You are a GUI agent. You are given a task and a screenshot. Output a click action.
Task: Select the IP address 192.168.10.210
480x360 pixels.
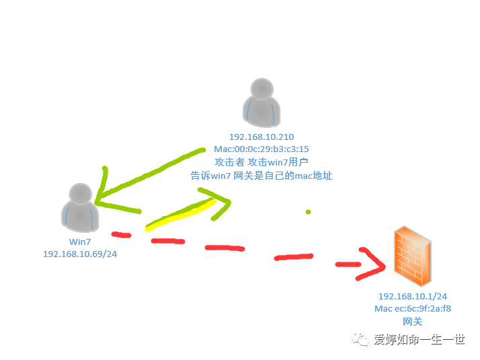pyautogui.click(x=262, y=137)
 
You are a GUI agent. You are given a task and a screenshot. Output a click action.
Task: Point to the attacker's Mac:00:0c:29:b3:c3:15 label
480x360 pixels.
pyautogui.click(x=262, y=149)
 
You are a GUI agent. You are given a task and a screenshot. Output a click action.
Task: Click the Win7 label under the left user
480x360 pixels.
pyautogui.click(x=80, y=242)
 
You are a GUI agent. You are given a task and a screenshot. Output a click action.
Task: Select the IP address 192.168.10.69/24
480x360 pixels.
pyautogui.click(x=80, y=254)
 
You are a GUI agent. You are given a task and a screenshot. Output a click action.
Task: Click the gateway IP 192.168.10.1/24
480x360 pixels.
pyautogui.click(x=413, y=297)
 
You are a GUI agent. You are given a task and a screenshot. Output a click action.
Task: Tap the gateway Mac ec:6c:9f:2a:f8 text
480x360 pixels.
pyautogui.click(x=413, y=309)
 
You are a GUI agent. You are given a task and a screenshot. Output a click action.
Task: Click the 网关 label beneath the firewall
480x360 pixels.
pyautogui.click(x=413, y=322)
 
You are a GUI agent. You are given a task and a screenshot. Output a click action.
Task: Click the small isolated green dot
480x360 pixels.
pyautogui.click(x=309, y=212)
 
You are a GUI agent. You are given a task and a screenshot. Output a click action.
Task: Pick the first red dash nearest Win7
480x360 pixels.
pyautogui.click(x=121, y=235)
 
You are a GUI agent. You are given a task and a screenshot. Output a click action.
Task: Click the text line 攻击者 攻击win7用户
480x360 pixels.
pyautogui.click(x=262, y=162)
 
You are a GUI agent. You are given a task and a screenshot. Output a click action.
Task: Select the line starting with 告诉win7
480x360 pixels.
pyautogui.click(x=262, y=175)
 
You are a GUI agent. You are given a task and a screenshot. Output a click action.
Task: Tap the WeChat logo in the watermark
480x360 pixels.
pyautogui.click(x=363, y=340)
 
